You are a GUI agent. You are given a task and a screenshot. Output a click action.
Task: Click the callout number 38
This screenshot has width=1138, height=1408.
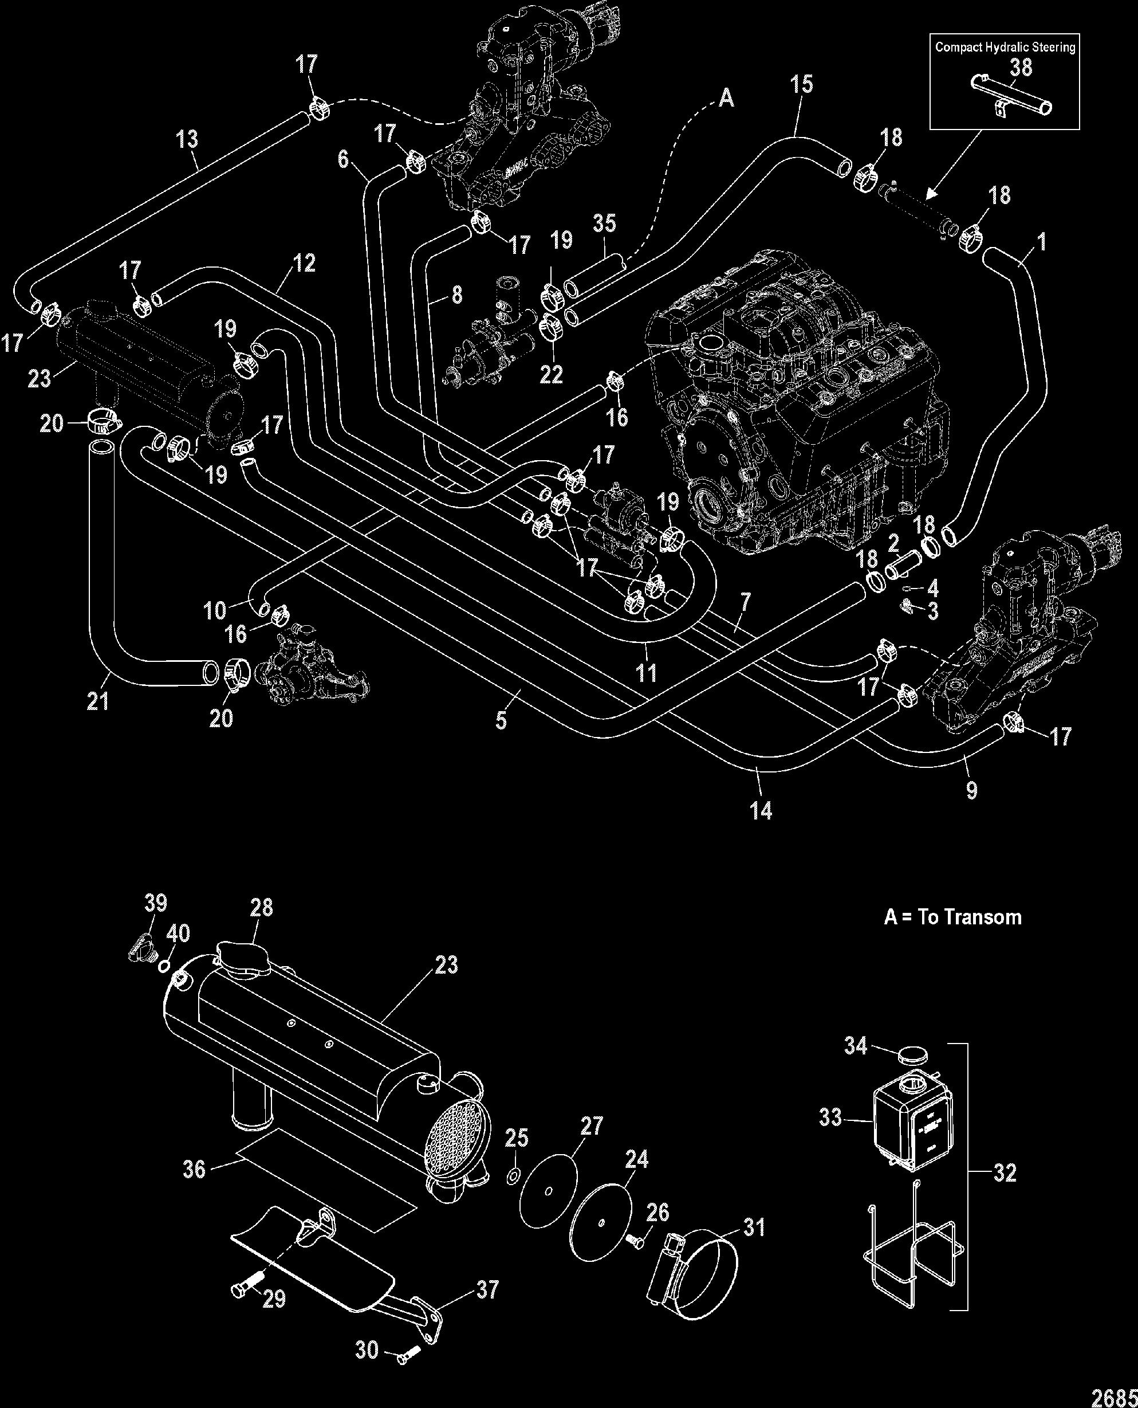[1021, 68]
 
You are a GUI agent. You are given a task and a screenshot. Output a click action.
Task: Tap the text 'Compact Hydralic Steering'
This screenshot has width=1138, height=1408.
[1005, 46]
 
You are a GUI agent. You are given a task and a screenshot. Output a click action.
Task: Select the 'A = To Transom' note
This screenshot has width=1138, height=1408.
[952, 917]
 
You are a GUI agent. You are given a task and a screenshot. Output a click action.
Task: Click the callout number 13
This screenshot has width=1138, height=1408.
[187, 139]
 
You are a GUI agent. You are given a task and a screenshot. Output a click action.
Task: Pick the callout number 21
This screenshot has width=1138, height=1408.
[98, 701]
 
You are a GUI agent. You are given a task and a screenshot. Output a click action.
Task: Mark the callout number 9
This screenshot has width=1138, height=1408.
[971, 790]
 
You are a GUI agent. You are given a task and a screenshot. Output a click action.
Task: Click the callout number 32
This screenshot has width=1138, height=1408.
[1005, 1172]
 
